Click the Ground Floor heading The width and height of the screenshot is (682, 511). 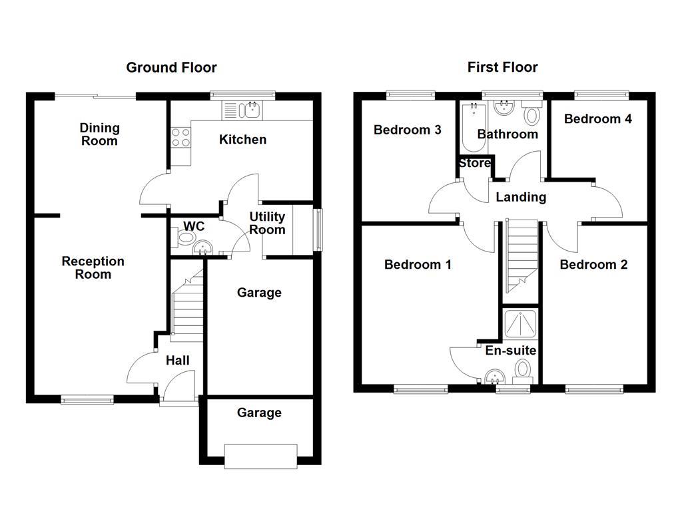171,67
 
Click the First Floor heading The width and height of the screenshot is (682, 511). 502,67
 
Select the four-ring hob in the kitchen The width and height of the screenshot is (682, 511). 180,138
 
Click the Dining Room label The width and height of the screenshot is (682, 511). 99,134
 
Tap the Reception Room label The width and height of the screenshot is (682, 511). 93,267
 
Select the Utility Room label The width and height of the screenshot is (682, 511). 267,223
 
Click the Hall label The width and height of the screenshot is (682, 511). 177,361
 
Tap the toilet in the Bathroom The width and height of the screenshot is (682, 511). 532,114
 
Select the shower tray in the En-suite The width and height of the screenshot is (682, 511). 521,324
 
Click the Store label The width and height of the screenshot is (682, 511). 475,163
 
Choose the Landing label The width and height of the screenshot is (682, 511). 521,197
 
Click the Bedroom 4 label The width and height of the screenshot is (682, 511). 597,119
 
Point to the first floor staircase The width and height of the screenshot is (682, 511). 521,256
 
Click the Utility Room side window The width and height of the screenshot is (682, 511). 319,230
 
